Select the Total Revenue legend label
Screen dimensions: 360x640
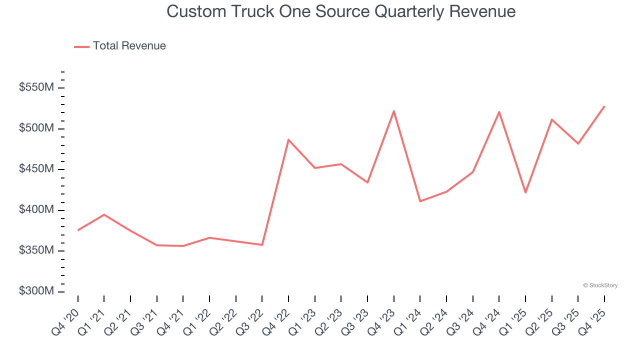click(x=129, y=46)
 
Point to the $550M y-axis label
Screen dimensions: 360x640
click(x=36, y=88)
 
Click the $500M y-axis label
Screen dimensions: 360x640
click(x=36, y=128)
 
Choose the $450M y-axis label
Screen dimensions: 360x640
click(x=36, y=169)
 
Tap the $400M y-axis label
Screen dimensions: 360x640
click(x=36, y=210)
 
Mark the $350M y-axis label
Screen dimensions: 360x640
click(x=36, y=251)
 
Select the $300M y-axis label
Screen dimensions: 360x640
click(x=36, y=291)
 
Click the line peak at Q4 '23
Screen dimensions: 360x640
click(x=394, y=111)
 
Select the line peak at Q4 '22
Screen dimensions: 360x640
click(x=288, y=139)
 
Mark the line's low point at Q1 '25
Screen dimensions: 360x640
click(x=525, y=192)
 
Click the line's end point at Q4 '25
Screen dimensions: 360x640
click(x=604, y=106)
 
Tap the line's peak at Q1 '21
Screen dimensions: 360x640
click(x=104, y=214)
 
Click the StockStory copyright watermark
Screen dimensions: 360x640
click(x=600, y=285)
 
